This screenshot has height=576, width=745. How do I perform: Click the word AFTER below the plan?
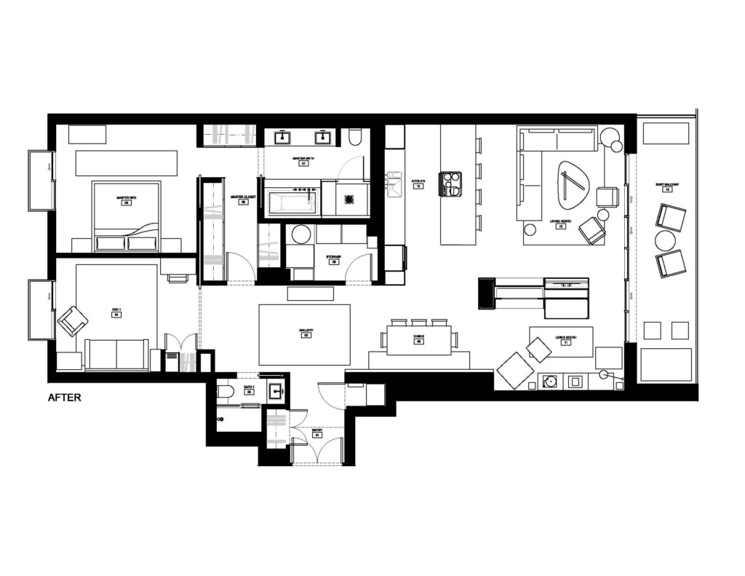click(65, 398)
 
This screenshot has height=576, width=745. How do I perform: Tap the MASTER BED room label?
click(127, 198)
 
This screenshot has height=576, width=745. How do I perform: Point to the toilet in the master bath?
click(355, 138)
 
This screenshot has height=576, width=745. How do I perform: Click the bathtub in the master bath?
click(291, 201)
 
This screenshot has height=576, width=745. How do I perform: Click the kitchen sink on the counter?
click(394, 184)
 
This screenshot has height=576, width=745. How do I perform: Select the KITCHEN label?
click(418, 182)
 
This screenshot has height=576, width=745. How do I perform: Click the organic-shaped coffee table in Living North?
click(573, 186)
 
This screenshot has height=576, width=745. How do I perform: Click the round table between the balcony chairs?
click(666, 240)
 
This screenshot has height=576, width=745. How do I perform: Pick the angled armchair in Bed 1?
click(72, 320)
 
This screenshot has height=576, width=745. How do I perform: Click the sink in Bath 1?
click(276, 391)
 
